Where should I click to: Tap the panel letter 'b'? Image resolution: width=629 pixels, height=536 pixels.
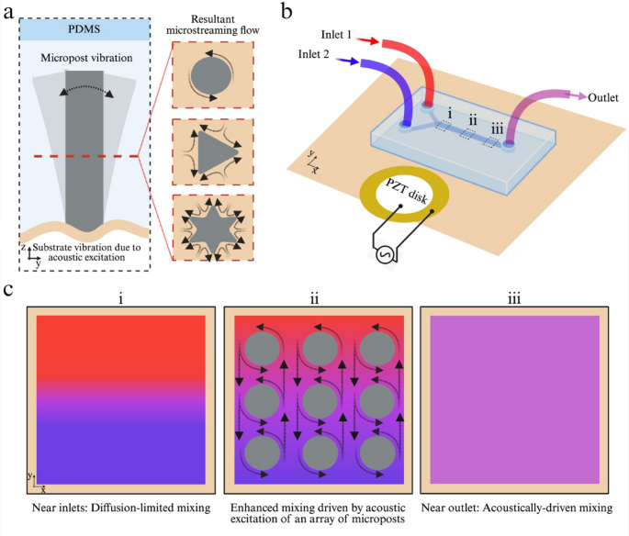(287, 12)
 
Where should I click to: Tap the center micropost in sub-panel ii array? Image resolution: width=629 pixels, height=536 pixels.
(320, 400)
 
